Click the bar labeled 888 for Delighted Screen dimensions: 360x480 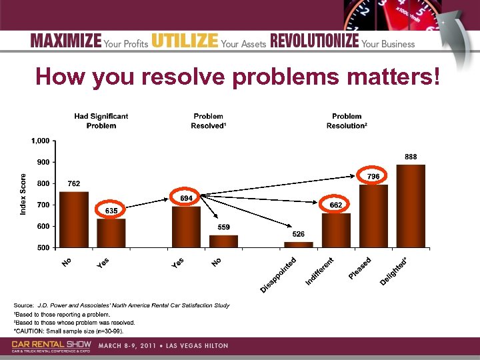(410, 206)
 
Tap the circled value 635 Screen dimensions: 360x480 (111, 210)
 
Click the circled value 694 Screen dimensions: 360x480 (186, 198)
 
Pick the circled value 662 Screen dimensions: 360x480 (335, 205)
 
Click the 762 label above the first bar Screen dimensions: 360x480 (74, 184)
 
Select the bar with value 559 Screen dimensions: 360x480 (224, 241)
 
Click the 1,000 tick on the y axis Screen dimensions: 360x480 (39, 141)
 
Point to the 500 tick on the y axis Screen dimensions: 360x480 (43, 247)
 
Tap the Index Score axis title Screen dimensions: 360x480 (24, 194)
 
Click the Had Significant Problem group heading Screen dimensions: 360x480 (101, 121)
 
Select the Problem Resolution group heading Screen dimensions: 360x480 (346, 121)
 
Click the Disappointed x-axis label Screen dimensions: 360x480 (277, 274)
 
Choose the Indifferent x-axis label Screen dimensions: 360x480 (319, 272)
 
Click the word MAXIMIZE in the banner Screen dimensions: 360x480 (65, 41)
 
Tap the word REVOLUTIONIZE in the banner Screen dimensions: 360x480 (314, 41)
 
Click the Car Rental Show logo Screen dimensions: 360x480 (51, 345)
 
